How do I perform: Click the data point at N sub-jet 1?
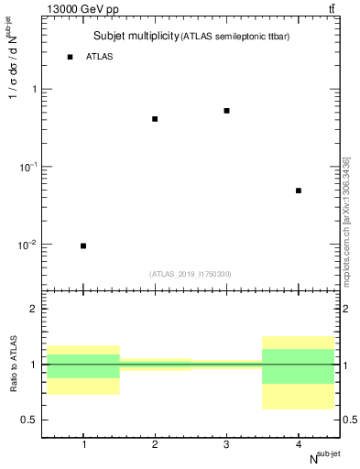point(83,245)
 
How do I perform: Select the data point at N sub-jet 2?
point(155,119)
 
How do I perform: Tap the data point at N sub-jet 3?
point(226,111)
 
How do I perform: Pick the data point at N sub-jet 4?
point(299,191)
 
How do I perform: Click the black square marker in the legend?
point(70,57)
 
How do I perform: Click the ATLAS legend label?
point(100,57)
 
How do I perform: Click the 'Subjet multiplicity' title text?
point(136,37)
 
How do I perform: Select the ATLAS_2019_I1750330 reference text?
point(191,274)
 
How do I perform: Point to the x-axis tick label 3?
point(226,444)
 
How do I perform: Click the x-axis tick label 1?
point(83,444)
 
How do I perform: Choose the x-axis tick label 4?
point(299,444)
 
